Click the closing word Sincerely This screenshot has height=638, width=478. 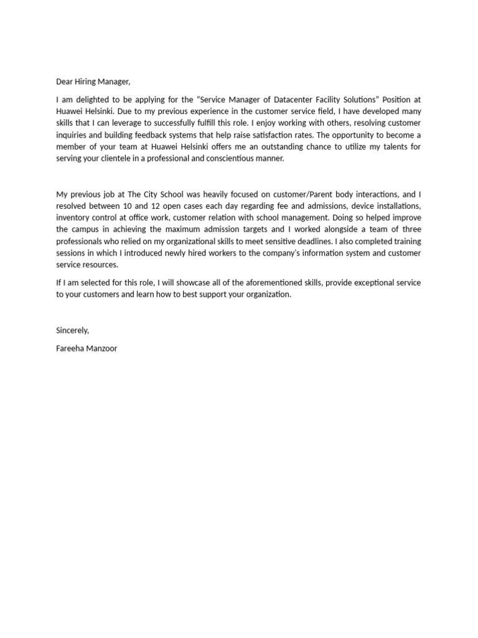(x=72, y=330)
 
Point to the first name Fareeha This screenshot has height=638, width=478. (x=70, y=348)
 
